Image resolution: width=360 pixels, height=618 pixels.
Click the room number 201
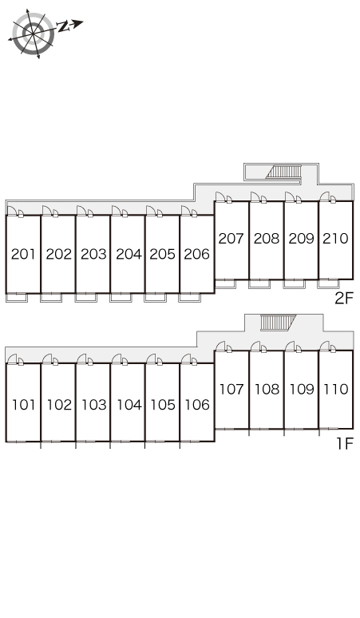point(23,254)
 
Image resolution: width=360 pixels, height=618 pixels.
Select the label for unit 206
point(196,254)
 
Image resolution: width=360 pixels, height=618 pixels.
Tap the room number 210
point(335,239)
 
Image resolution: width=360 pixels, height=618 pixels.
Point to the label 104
point(129,405)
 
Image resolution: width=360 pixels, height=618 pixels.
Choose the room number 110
point(335,390)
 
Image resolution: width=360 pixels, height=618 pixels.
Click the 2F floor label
point(344,299)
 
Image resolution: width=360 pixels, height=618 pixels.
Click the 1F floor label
point(345,444)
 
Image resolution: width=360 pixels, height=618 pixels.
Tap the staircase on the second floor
point(283,172)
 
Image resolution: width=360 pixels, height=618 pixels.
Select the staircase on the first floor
point(278,323)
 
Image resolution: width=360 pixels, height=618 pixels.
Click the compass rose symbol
point(33,34)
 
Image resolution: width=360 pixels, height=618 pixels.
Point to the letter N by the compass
point(63,27)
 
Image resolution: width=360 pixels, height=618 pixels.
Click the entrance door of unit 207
point(220,197)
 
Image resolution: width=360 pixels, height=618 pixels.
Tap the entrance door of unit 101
point(12,359)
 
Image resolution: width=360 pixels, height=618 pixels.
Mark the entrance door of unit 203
point(81,211)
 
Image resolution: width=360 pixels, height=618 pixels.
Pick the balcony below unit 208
point(259,283)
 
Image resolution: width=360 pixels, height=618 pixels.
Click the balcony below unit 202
point(51,298)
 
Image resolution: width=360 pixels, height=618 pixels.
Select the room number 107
point(231,390)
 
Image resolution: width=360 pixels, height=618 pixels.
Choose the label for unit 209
point(301,239)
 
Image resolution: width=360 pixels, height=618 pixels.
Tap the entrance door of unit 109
point(290,347)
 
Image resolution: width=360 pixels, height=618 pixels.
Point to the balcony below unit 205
point(155,298)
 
